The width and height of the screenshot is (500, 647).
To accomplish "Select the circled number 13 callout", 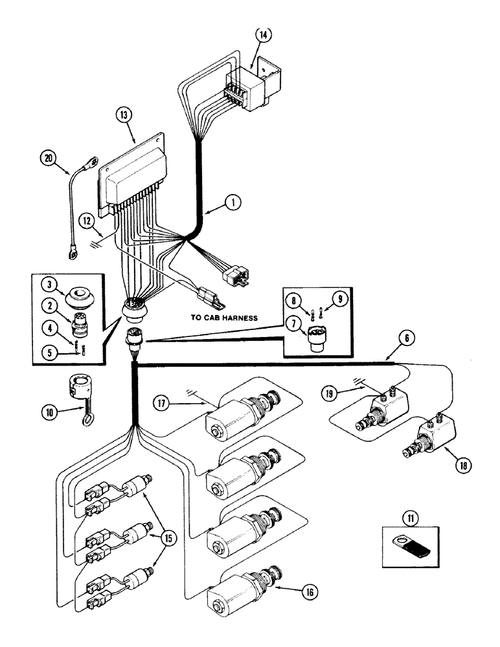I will [x=124, y=116].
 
